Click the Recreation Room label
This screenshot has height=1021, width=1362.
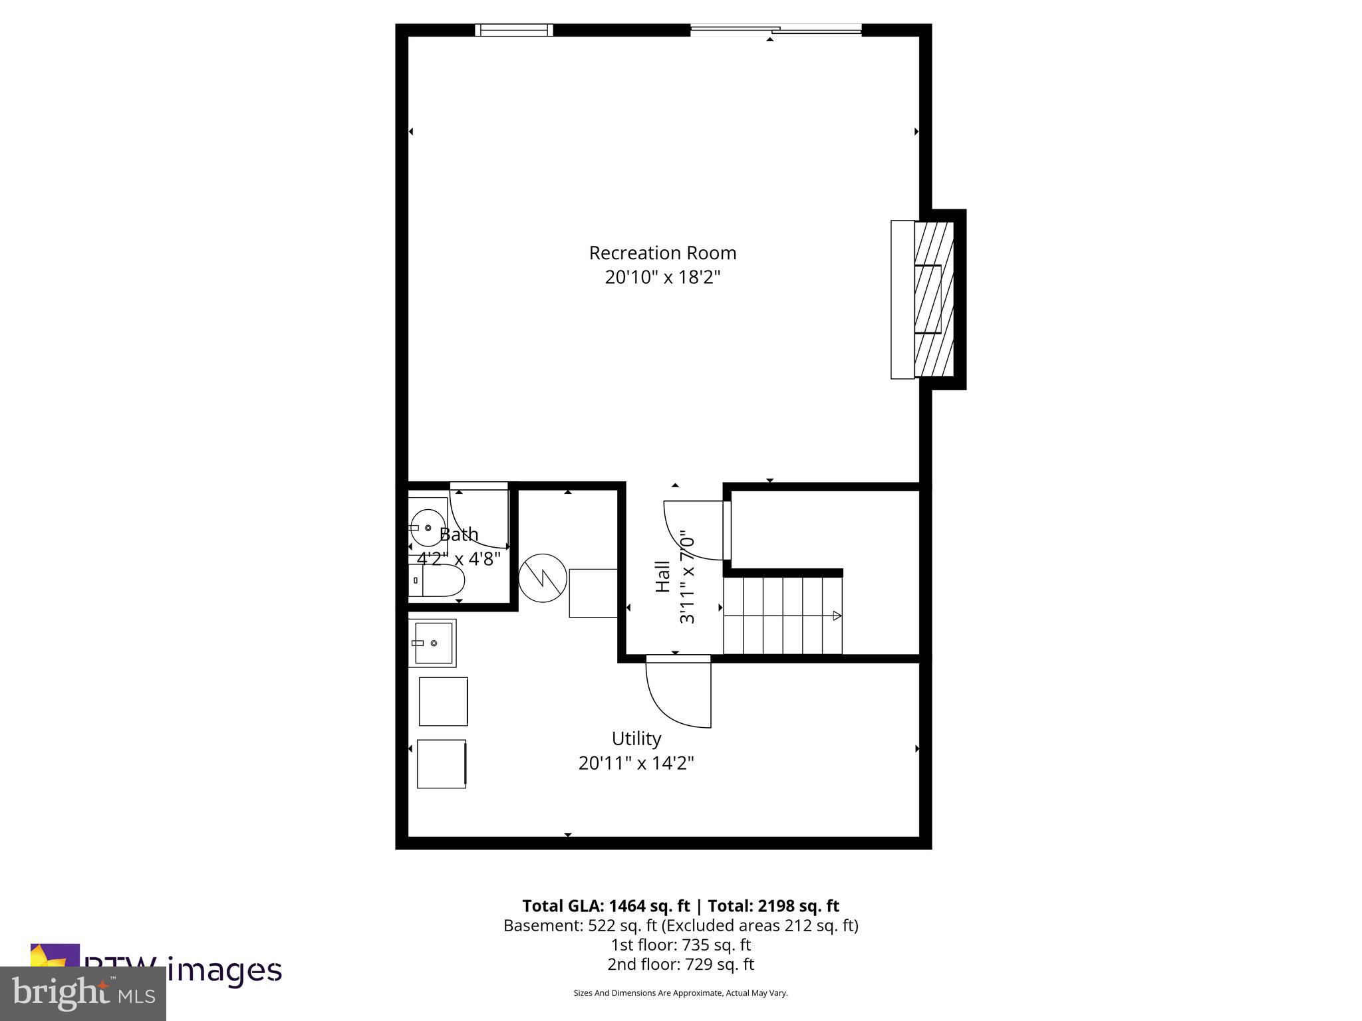[x=662, y=253]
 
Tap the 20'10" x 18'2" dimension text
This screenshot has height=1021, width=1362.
[x=662, y=277]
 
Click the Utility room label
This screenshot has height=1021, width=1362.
[x=636, y=738]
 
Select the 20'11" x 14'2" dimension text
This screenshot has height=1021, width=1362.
[x=636, y=763]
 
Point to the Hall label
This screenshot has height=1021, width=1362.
[x=663, y=576]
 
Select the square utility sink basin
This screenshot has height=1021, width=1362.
[x=433, y=643]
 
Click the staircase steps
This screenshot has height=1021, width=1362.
[x=782, y=616]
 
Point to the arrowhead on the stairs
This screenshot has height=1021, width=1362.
[x=837, y=616]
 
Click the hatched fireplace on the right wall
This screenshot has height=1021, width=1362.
[x=934, y=299]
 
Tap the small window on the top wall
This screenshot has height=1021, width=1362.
[x=513, y=30]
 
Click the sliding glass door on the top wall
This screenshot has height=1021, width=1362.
[x=775, y=30]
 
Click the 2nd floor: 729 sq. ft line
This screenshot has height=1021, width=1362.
[x=680, y=964]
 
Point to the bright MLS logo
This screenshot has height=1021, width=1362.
[x=83, y=993]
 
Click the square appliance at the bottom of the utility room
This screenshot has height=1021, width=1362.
[x=442, y=764]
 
